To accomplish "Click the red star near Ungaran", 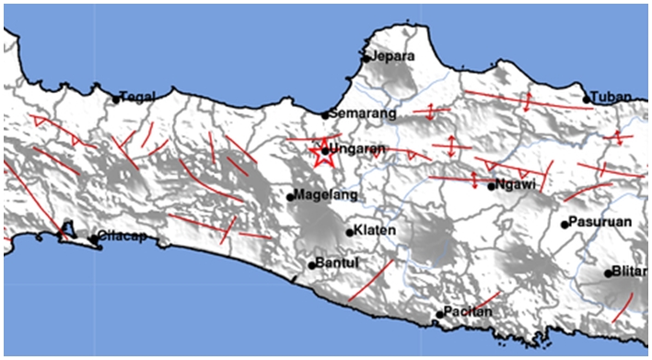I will (323, 153).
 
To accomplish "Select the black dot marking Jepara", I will (367, 58).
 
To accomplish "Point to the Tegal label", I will (137, 95).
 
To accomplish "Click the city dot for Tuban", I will (587, 99).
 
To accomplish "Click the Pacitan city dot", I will (440, 316).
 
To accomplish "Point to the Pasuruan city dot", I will (565, 224).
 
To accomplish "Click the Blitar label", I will (629, 273).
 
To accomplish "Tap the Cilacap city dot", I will (93, 239).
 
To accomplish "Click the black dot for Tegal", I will (117, 99).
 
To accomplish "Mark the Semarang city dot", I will (325, 115).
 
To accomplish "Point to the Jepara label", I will (393, 56).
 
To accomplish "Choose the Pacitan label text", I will (469, 313).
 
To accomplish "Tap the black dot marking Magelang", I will (290, 196).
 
